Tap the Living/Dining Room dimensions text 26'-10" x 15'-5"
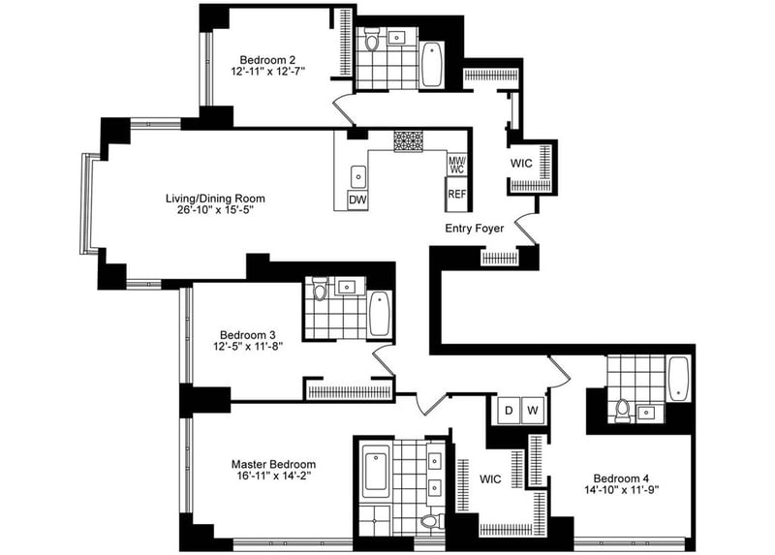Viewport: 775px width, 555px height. (215, 211)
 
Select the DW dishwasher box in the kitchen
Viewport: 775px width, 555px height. (358, 200)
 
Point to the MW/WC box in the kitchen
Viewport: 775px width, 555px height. (457, 165)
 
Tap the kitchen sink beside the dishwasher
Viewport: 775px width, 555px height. (358, 175)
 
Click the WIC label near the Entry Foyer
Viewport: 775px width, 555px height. (522, 164)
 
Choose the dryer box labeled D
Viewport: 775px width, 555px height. (507, 410)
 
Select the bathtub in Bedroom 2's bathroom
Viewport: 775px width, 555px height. (432, 64)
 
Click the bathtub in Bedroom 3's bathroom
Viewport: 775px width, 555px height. (379, 313)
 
